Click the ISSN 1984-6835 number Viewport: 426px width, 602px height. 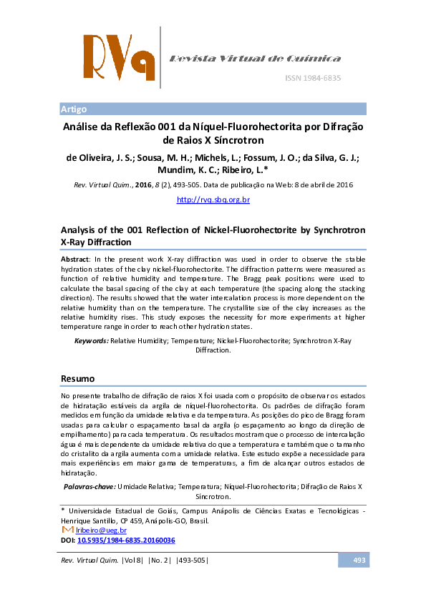point(313,77)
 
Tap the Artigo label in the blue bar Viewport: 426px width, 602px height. point(74,109)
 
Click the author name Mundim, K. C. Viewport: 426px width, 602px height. point(186,171)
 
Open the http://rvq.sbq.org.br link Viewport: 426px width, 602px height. point(213,199)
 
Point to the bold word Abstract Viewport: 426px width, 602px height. point(75,258)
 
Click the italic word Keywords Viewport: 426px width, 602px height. point(92,341)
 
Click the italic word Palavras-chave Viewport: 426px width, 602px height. point(89,486)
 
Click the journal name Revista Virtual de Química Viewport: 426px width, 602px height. point(254,59)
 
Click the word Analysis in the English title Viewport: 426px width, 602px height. point(79,230)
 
